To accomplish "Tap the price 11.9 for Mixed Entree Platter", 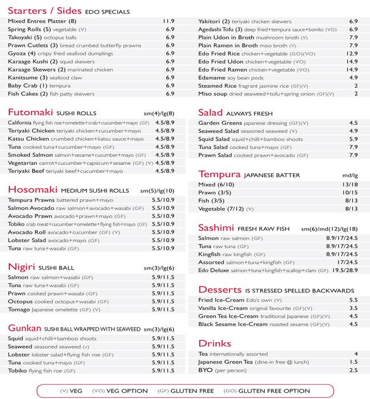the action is point(169,21).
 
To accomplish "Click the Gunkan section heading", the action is point(24,328).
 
